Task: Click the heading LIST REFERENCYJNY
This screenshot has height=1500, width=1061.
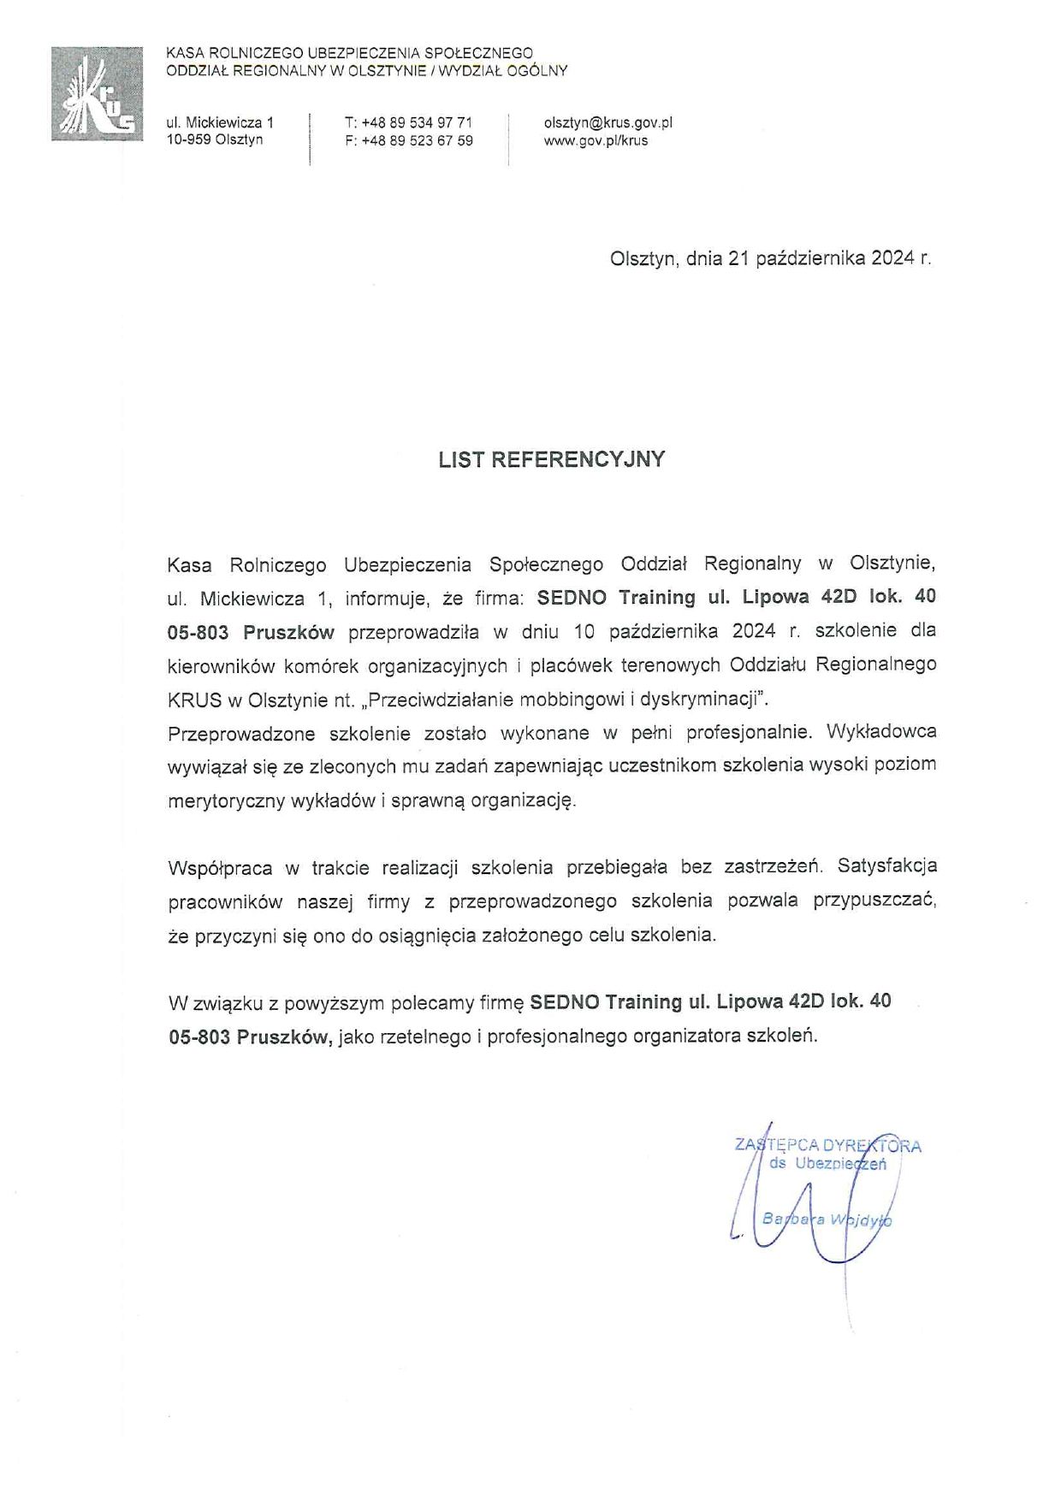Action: tap(551, 459)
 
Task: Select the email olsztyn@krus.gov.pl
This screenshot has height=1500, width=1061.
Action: tap(608, 123)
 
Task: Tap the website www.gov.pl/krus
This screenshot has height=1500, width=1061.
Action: tap(596, 141)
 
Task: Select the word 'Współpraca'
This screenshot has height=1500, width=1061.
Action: tap(221, 868)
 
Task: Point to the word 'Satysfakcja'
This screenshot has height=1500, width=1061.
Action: tap(887, 865)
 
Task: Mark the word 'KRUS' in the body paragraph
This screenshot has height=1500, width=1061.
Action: tap(193, 699)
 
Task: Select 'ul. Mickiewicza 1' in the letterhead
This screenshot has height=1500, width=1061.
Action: tap(220, 123)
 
